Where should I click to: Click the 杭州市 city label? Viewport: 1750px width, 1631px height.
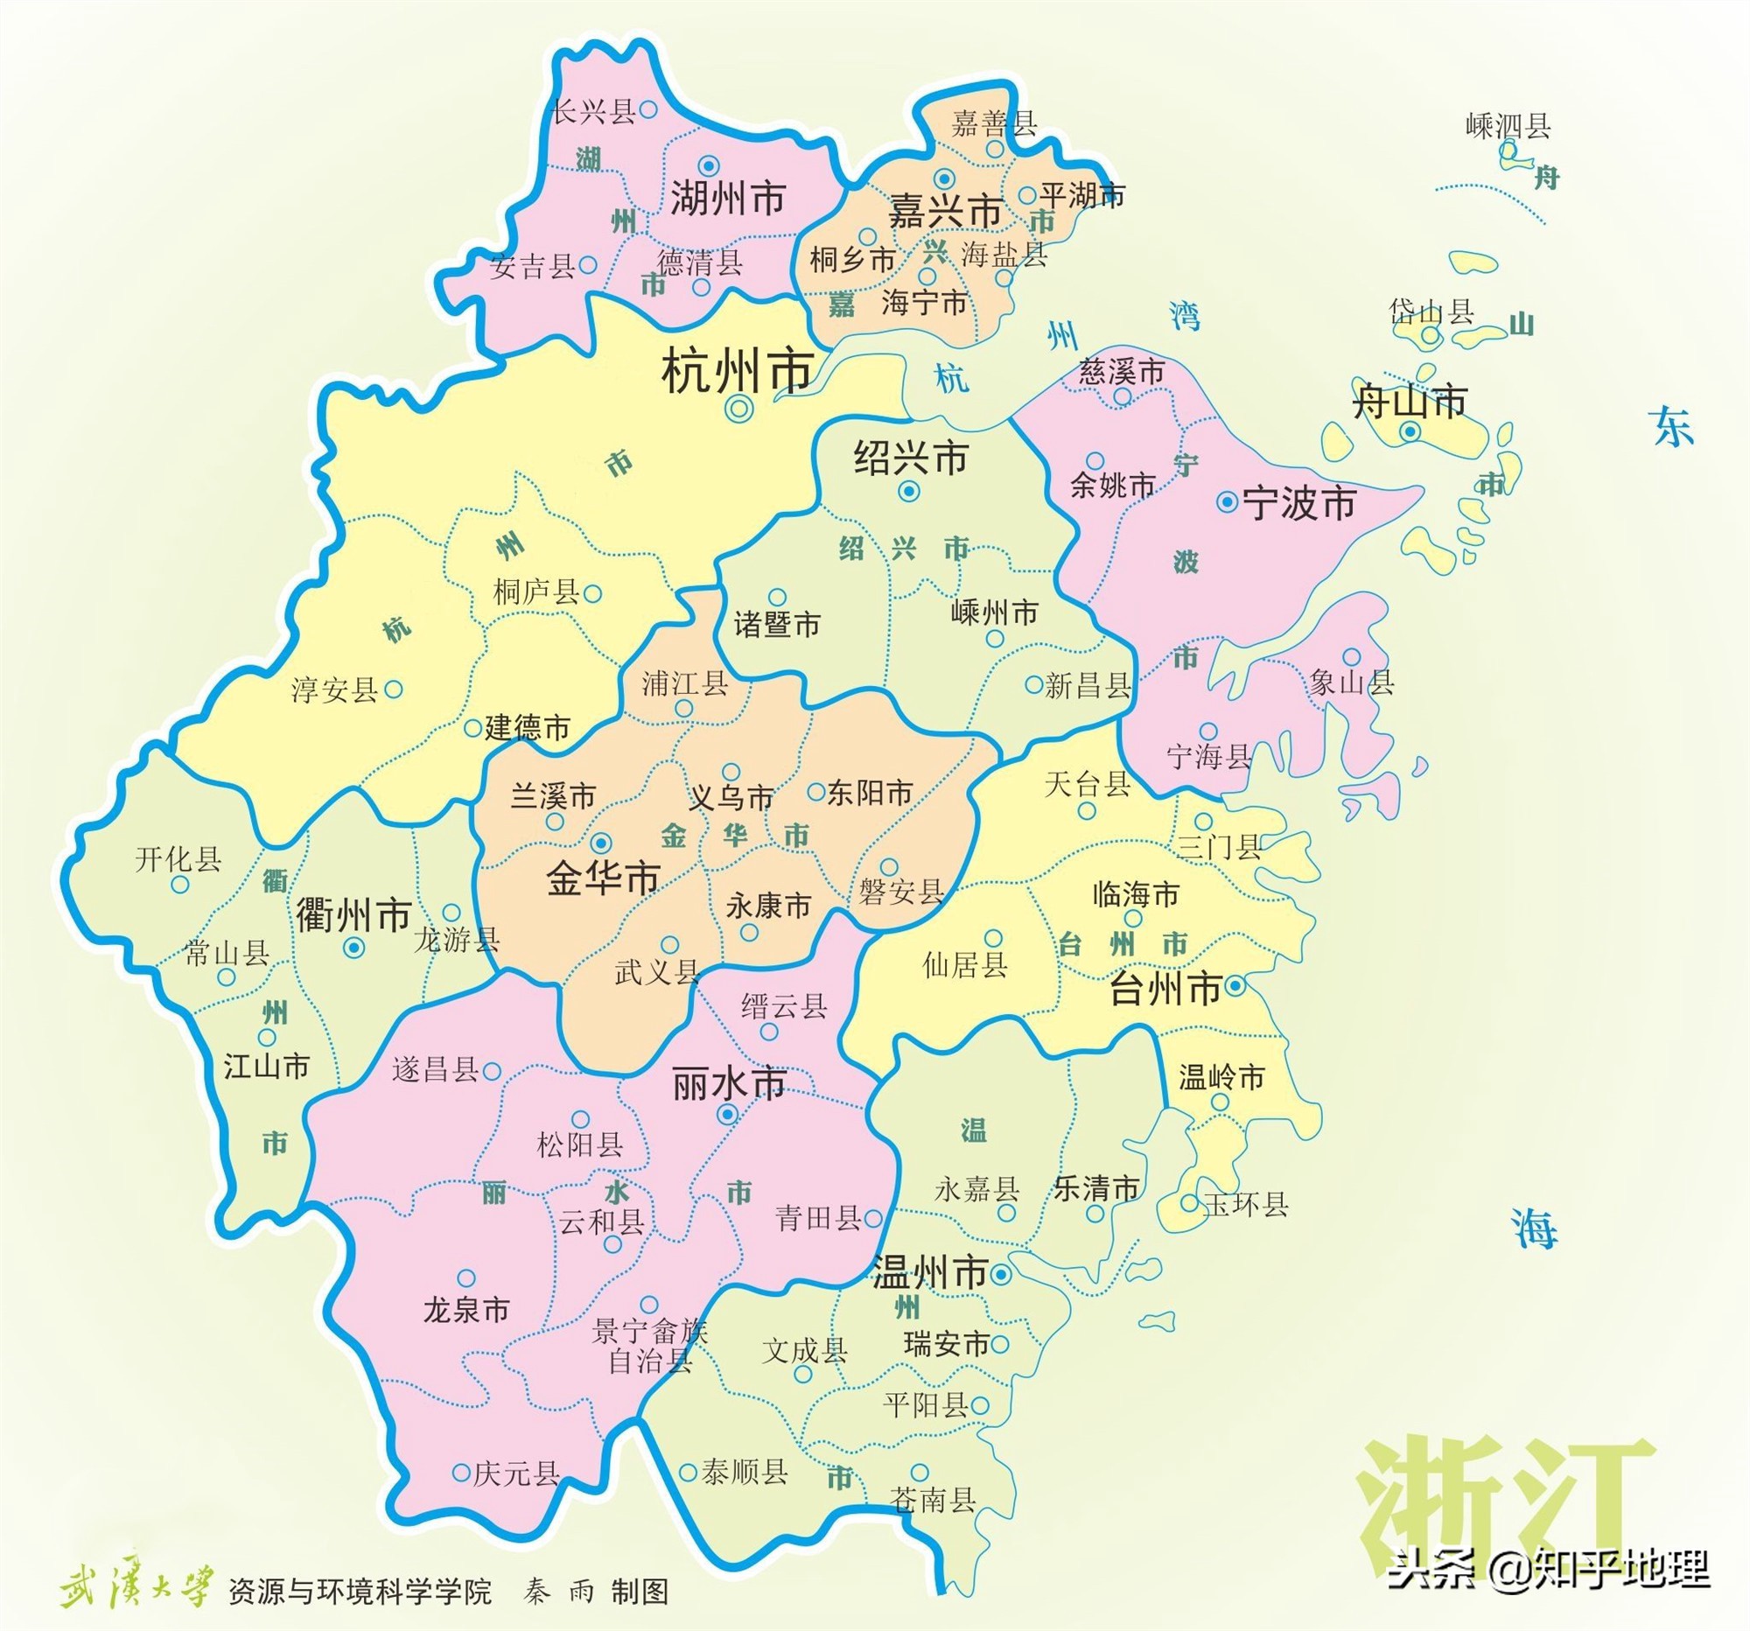pos(736,372)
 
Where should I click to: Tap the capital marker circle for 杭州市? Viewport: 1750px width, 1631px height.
pos(738,408)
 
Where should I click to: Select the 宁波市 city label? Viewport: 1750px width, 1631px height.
pos(1298,504)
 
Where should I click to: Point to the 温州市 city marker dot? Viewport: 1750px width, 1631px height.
pos(1000,1274)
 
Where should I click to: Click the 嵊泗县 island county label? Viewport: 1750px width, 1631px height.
pos(1507,127)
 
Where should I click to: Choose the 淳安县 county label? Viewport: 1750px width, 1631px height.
pos(333,690)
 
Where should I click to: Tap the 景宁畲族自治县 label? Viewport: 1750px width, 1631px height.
pos(649,1346)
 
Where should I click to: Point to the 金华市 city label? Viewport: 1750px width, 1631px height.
pos(603,878)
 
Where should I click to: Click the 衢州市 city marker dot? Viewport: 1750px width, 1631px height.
pos(354,947)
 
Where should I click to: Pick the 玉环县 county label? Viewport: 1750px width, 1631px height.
pos(1245,1204)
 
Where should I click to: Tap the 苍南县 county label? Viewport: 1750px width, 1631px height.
pos(932,1499)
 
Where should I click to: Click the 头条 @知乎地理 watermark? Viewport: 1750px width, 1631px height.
pos(1549,1569)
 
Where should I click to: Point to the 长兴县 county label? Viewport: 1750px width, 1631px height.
pos(592,112)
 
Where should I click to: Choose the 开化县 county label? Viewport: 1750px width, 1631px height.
pos(178,859)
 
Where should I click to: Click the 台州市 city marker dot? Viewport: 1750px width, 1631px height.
pos(1235,986)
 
